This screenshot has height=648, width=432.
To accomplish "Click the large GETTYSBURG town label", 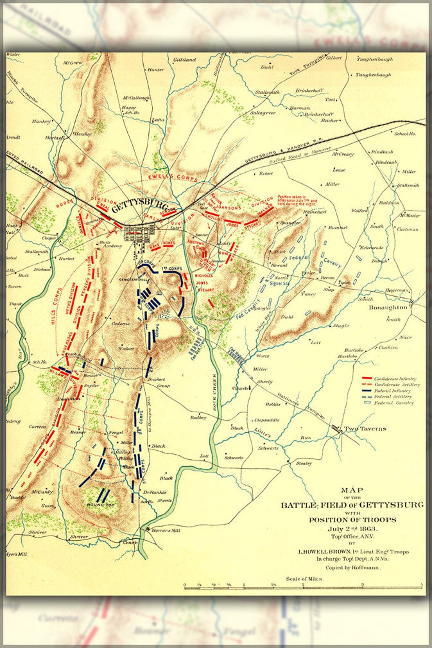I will [x=140, y=206].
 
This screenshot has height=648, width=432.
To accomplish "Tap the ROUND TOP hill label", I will [x=101, y=505].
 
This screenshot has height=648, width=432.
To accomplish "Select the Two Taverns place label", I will [x=365, y=429].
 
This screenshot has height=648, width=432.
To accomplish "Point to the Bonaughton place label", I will [x=388, y=307].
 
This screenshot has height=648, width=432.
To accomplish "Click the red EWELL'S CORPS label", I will [x=173, y=177].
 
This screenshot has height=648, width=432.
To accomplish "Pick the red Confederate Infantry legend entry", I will [x=394, y=379].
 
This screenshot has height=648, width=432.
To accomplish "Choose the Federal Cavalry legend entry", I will [x=394, y=403].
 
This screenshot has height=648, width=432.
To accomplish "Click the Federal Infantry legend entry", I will [x=392, y=391].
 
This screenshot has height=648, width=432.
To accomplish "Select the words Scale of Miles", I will [x=304, y=579].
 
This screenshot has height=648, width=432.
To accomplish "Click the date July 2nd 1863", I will [x=352, y=529].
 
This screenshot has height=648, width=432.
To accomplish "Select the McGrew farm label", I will [x=73, y=63].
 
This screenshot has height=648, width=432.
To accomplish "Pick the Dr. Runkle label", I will [x=155, y=492].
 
